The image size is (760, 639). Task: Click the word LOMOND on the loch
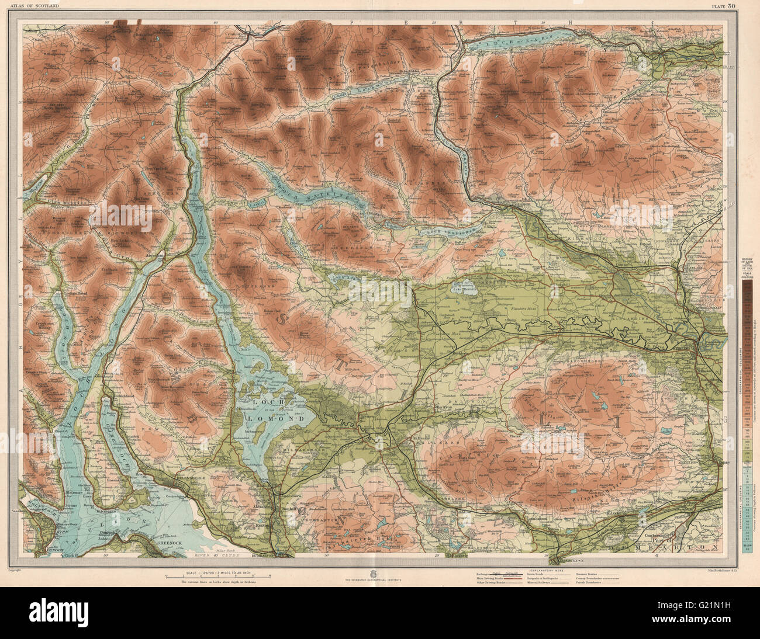[285, 419]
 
